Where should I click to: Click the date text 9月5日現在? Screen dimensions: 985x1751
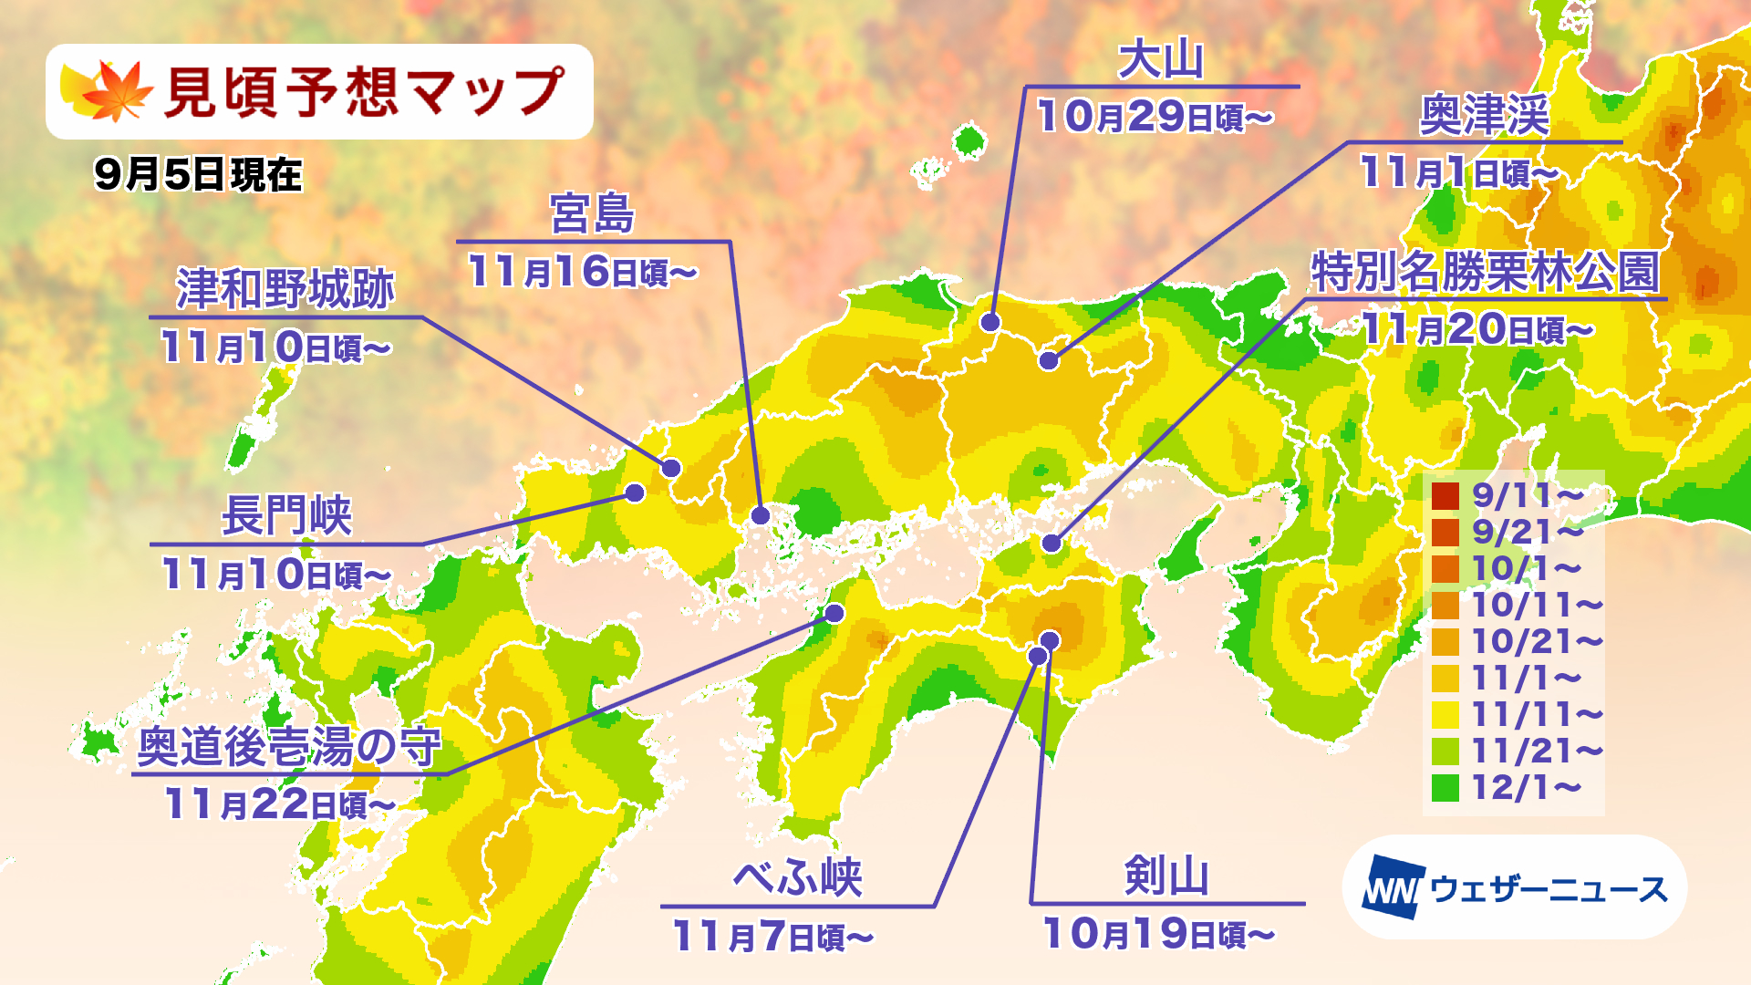pos(198,174)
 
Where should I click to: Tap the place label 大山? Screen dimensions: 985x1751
pos(1161,61)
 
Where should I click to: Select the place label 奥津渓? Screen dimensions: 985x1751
pos(1484,116)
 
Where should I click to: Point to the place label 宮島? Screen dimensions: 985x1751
pos(592,214)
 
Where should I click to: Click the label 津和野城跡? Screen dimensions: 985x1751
pos(285,290)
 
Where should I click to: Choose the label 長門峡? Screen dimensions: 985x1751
pos(286,516)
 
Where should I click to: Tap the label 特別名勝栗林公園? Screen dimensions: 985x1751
pos(1485,272)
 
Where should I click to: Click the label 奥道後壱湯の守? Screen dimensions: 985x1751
pos(289,747)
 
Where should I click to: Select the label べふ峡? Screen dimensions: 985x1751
pos(797,877)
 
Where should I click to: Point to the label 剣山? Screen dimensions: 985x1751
pos(1166,876)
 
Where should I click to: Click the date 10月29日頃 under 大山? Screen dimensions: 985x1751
pos(1155,117)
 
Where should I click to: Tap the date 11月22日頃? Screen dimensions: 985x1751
pos(279,804)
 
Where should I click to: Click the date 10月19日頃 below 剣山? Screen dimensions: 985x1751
pos(1158,934)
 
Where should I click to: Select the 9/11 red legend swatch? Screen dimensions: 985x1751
pos(1445,496)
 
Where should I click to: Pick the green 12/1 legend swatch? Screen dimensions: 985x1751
pos(1445,788)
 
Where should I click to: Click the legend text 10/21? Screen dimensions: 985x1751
pos(1537,642)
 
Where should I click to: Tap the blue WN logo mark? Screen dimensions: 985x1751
pos(1392,887)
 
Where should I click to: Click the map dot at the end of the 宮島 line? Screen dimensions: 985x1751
pos(761,515)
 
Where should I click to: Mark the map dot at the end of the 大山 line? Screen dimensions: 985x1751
pos(990,322)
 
